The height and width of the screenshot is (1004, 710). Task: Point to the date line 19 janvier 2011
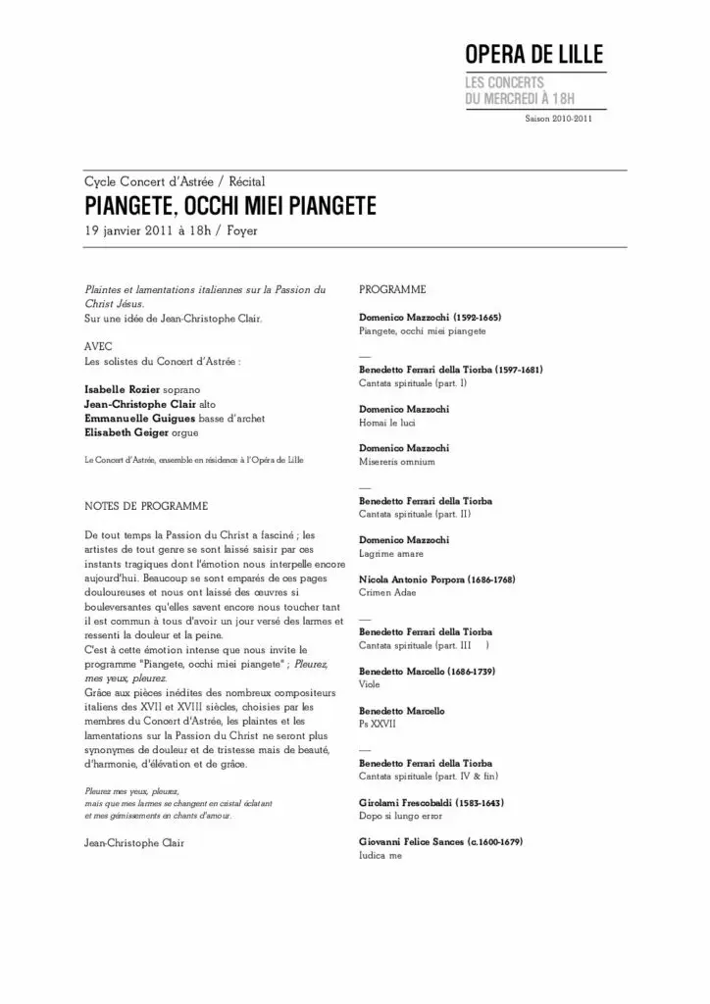tap(172, 232)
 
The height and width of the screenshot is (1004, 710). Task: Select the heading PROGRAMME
tap(392, 290)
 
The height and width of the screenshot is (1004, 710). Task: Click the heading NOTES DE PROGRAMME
tap(146, 506)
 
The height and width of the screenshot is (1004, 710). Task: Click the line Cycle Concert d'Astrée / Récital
tap(175, 182)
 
